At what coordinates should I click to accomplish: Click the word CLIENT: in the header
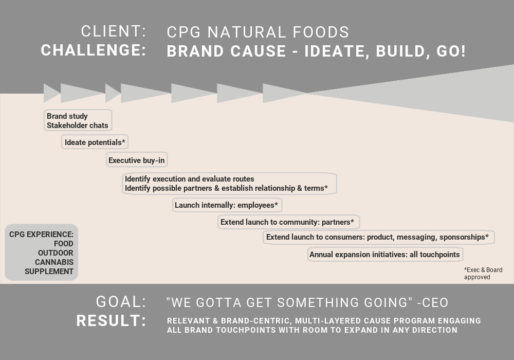pyautogui.click(x=114, y=31)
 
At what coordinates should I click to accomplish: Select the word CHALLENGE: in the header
pyautogui.click(x=94, y=50)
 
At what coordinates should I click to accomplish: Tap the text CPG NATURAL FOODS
pyautogui.click(x=258, y=32)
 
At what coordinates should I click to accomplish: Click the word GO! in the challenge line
pyautogui.click(x=451, y=51)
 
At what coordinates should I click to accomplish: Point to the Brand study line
pyautogui.click(x=67, y=116)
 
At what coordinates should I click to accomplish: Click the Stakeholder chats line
pyautogui.click(x=78, y=125)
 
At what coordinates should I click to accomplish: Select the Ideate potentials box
pyautogui.click(x=95, y=142)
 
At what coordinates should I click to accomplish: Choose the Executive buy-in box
pyautogui.click(x=137, y=160)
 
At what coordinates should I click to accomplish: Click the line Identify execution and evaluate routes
pyautogui.click(x=190, y=178)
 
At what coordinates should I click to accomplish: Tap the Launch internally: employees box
pyautogui.click(x=227, y=205)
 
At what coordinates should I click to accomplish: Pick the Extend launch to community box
pyautogui.click(x=288, y=222)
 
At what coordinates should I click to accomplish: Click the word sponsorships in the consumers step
pyautogui.click(x=462, y=237)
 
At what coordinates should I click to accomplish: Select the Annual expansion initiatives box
pyautogui.click(x=385, y=255)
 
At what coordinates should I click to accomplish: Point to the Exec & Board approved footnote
pyautogui.click(x=483, y=274)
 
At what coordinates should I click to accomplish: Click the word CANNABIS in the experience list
pyautogui.click(x=54, y=262)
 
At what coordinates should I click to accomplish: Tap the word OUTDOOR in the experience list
pyautogui.click(x=56, y=253)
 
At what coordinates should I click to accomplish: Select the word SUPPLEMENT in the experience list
pyautogui.click(x=49, y=272)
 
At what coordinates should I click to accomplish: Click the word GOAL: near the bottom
pyautogui.click(x=121, y=302)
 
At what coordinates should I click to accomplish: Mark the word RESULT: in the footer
pyautogui.click(x=111, y=320)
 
